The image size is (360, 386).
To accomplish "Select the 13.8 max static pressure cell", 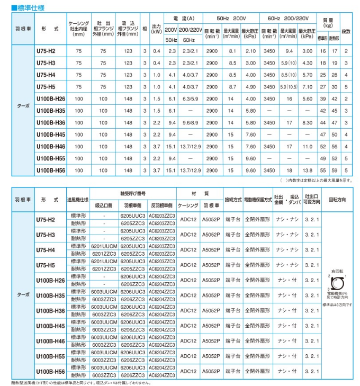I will [x=307, y=170].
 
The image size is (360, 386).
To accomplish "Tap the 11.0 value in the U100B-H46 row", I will [x=307, y=146].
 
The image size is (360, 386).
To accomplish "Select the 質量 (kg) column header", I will [x=328, y=22].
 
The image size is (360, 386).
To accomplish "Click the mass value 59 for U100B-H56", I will [x=334, y=170].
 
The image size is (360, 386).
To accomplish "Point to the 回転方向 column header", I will [x=337, y=201].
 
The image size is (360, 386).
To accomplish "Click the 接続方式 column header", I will [x=232, y=201].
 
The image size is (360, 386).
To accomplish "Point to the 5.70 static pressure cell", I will [x=307, y=75].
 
